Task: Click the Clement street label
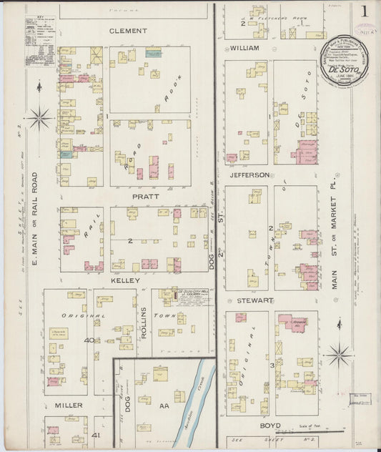pos(128,31)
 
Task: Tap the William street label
pos(244,48)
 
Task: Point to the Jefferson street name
pos(249,175)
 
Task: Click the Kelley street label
pos(126,281)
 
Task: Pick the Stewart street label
pos(247,301)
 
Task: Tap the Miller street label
pos(69,405)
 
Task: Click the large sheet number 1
pos(365,11)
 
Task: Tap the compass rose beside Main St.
pos(338,354)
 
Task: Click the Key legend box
pos(39,42)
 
